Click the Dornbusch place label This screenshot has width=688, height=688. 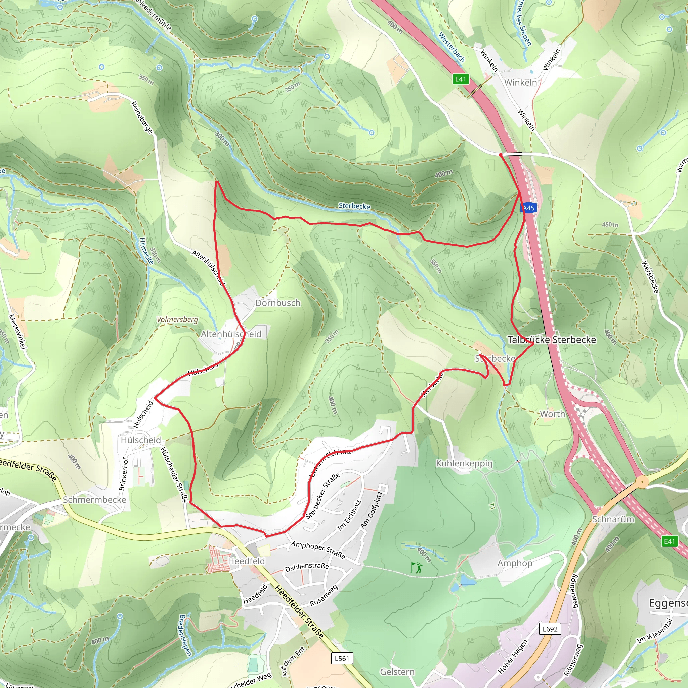click(x=278, y=303)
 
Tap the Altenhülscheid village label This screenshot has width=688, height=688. click(x=231, y=334)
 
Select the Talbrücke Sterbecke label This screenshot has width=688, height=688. click(x=551, y=340)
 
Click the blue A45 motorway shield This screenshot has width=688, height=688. click(x=528, y=208)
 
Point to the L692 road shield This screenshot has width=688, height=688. click(x=550, y=629)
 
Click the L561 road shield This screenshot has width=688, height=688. click(x=342, y=658)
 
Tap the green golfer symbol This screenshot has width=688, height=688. click(x=416, y=568)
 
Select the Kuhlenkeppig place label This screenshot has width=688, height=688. click(x=464, y=463)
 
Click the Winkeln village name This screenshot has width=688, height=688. click(x=520, y=83)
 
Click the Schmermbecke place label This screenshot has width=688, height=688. click(x=94, y=500)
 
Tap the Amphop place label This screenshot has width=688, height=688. click(x=515, y=563)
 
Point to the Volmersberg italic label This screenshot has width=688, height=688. click(x=177, y=319)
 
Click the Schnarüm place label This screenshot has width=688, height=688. click(x=613, y=519)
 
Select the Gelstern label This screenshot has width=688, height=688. click(x=397, y=672)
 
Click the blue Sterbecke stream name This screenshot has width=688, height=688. click(x=354, y=206)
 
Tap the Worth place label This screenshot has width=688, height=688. click(x=552, y=414)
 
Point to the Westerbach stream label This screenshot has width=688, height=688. click(x=451, y=47)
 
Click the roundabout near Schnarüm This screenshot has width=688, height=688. click(x=642, y=482)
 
